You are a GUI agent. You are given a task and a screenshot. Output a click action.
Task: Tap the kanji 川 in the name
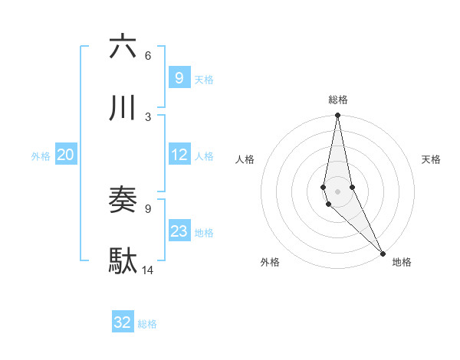pos(123,107)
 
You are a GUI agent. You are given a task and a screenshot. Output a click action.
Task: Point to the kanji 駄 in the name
pos(123,261)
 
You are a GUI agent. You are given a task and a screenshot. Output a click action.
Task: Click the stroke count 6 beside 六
pos(148,56)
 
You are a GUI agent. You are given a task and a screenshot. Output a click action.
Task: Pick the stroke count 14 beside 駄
pos(148,270)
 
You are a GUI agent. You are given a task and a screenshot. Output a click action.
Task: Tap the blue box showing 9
pos(179,77)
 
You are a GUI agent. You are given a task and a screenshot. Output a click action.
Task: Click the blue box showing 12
pos(179,155)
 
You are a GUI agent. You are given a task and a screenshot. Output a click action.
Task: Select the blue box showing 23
pos(179,231)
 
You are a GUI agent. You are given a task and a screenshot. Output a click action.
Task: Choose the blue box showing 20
pos(65,155)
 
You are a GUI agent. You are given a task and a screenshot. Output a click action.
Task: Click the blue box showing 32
pos(123,322)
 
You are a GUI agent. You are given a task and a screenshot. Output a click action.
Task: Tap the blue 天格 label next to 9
pos(204,79)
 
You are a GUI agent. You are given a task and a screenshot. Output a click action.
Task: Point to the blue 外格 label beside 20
pos(41,156)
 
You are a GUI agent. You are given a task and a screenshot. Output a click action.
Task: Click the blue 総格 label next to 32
pos(147,324)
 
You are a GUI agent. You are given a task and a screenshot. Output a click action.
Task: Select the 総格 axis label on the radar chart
pos(338,100)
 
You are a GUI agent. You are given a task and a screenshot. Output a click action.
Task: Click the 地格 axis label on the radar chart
pos(402,262)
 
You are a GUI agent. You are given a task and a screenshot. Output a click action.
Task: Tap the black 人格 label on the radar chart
pos(245,159)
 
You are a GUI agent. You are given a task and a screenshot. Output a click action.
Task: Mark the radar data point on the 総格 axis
pos(337,116)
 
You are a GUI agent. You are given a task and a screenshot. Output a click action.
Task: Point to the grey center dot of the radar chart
pos(337,191)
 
